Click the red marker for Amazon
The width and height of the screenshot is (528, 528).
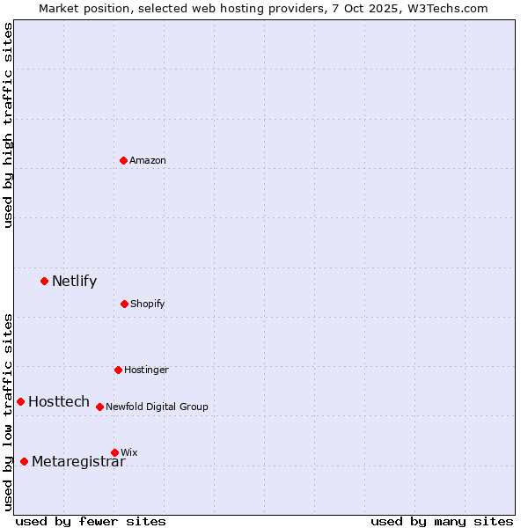coord(123,160)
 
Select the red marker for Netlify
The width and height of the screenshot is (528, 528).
coord(44,281)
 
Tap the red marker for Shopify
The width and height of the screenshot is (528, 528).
coord(124,304)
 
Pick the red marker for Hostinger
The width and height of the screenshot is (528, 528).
coord(118,370)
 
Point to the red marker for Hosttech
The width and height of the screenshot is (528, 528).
coord(20,401)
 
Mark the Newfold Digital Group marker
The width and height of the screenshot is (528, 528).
coord(99,407)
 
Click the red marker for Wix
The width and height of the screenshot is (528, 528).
coord(114,452)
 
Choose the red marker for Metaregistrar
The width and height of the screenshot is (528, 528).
coord(24,461)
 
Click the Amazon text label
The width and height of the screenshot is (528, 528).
coord(148,160)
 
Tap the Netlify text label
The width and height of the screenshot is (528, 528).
coord(74,282)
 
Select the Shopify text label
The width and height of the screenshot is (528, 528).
coord(148,304)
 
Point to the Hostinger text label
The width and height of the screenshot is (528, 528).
coord(146,370)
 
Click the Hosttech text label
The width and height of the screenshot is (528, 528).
coord(59,402)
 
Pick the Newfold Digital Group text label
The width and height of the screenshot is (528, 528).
coord(157,407)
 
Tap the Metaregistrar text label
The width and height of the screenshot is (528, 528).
coord(78,462)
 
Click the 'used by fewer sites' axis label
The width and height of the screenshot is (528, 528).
coord(91,521)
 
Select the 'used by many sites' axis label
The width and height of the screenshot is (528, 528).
coord(442,521)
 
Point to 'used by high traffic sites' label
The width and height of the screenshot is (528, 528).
coord(8,125)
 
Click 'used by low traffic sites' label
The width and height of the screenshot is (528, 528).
coord(8,412)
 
